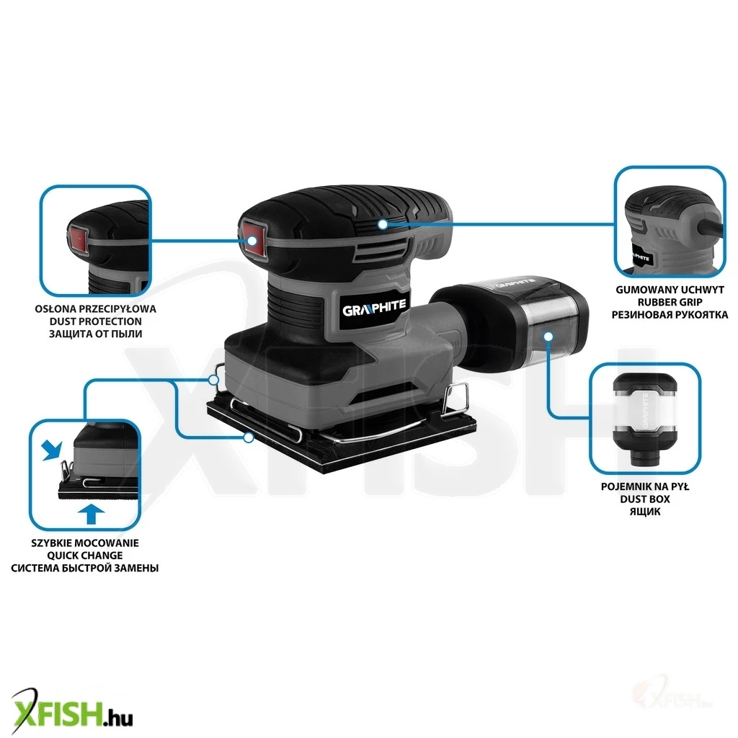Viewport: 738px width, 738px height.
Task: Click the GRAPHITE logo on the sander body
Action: tap(374, 308)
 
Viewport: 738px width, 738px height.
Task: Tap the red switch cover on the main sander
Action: tap(254, 239)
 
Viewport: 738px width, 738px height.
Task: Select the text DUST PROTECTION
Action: tap(96, 321)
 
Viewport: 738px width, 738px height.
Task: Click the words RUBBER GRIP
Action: tap(670, 302)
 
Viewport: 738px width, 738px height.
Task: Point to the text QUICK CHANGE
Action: tap(85, 556)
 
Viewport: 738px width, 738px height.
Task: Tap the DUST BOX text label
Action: tap(645, 499)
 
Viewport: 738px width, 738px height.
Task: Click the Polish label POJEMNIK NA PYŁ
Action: tap(645, 486)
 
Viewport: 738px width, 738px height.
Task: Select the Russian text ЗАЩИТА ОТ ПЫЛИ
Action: tap(96, 334)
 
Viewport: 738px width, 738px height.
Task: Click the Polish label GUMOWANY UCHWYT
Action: tap(670, 290)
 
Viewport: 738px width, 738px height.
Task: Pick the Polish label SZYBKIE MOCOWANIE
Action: tap(85, 543)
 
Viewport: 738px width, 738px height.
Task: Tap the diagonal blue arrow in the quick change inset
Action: tap(51, 450)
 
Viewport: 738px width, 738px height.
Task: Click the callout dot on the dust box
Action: tap(548, 336)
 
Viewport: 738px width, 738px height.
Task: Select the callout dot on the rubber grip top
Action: tap(383, 225)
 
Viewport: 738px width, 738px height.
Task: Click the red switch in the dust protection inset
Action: tap(79, 239)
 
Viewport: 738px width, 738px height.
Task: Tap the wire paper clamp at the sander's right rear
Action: tap(456, 396)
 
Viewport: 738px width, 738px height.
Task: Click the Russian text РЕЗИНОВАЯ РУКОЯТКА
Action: tap(670, 314)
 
